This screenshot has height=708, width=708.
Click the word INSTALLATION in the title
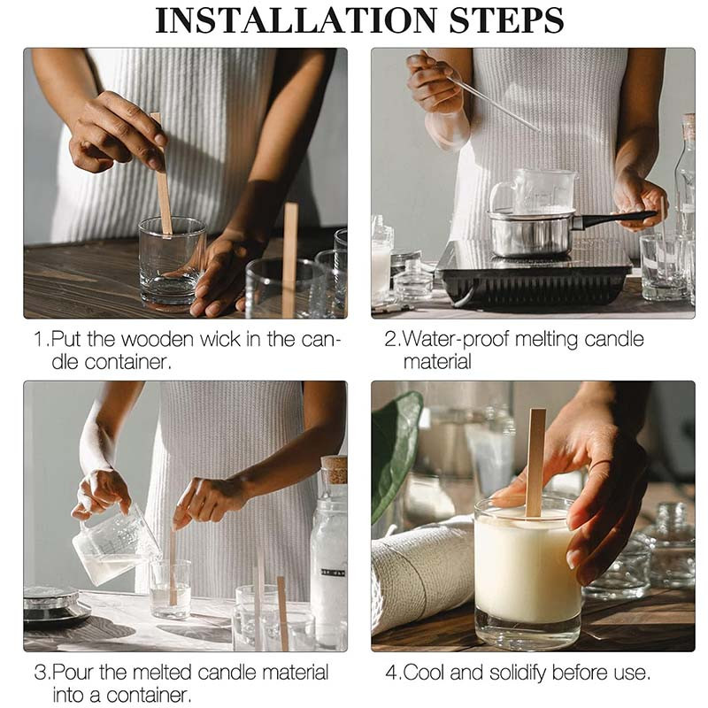point(296,20)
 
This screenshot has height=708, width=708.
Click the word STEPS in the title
point(506,20)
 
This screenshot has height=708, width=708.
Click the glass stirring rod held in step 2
point(492,104)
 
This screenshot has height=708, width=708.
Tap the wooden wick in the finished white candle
point(535,463)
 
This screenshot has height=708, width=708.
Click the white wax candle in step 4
point(527,566)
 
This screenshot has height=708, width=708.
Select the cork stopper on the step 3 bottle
point(335,470)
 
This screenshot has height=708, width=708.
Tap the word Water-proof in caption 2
point(455,340)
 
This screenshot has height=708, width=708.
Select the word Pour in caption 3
point(73,673)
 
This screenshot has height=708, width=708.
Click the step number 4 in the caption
point(391,673)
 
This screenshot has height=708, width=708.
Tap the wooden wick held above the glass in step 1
point(163,173)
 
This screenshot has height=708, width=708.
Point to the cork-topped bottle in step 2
point(685,189)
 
